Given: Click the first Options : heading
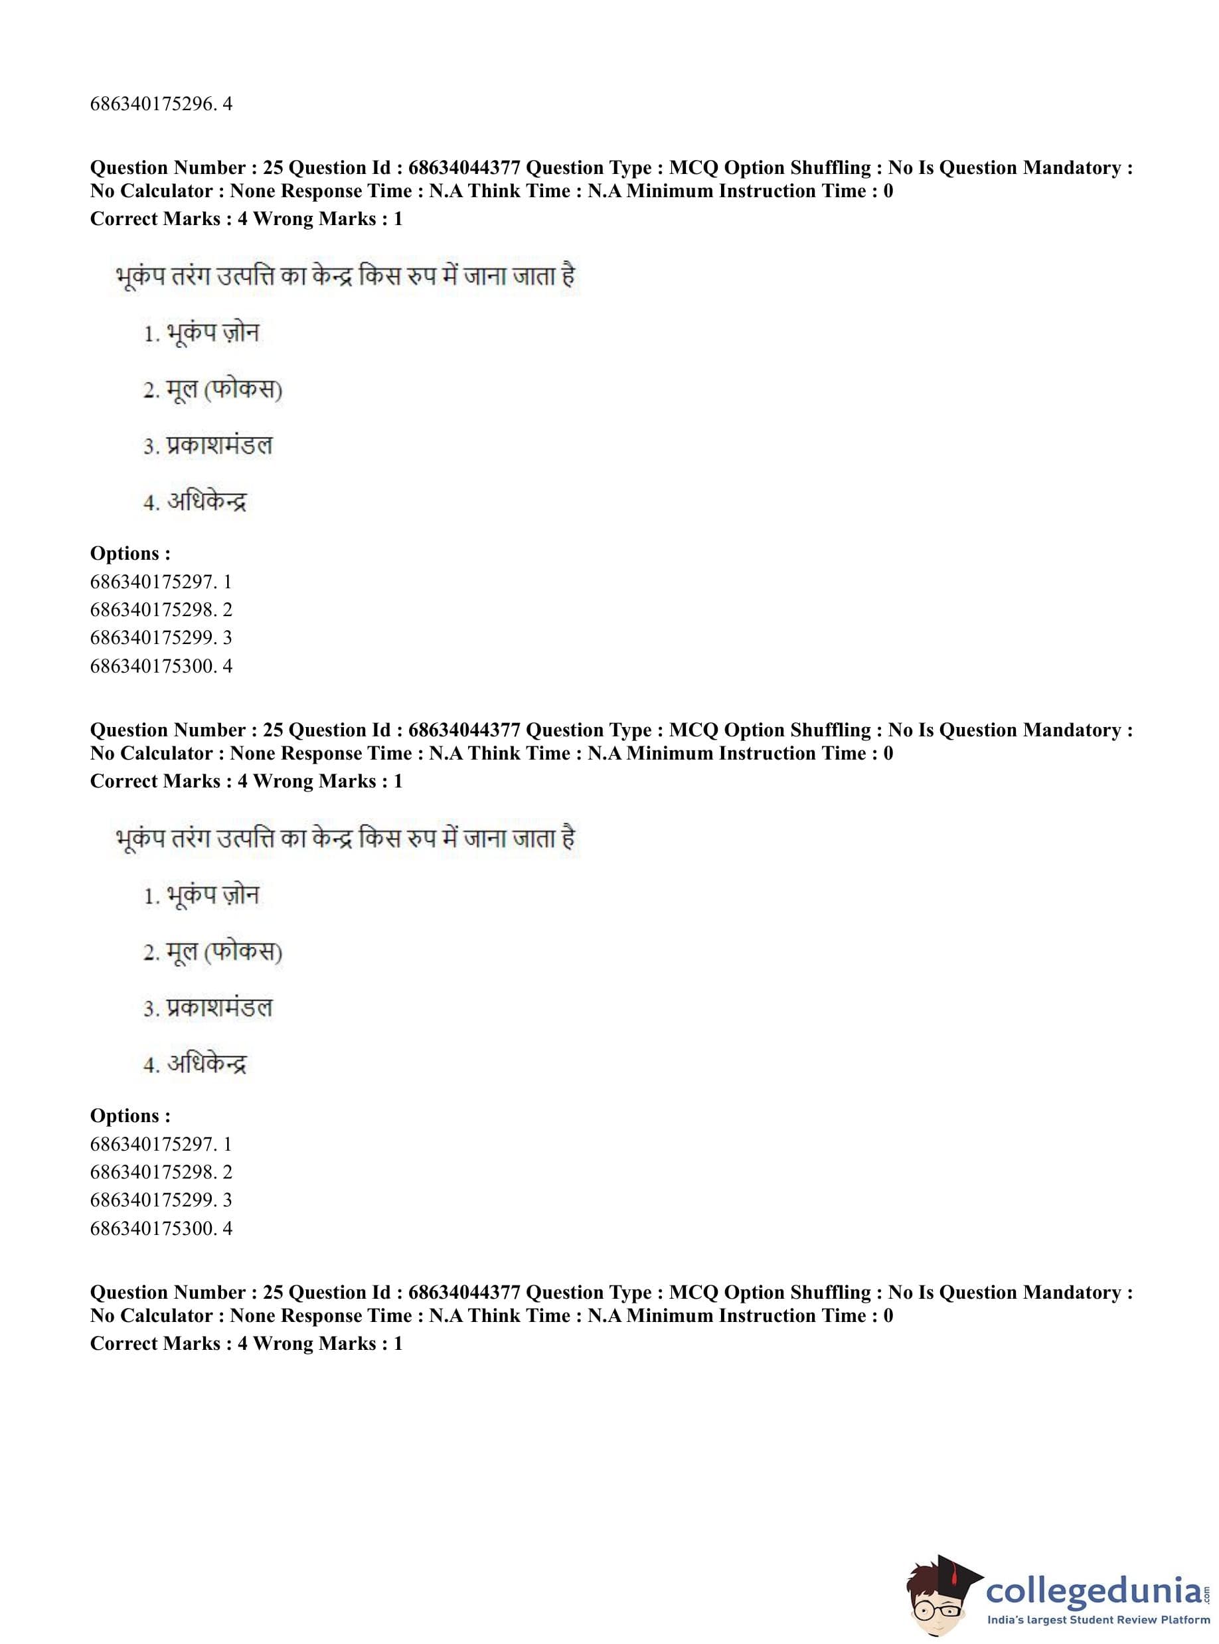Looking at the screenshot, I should point(130,553).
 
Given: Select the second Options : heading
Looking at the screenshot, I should point(130,1115).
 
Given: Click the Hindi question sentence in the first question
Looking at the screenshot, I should point(345,277).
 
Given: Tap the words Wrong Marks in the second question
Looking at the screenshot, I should point(314,781).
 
